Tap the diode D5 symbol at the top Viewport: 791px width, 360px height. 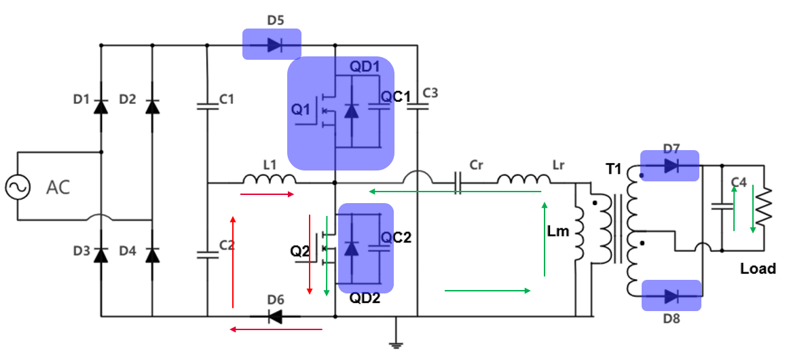pyautogui.click(x=274, y=46)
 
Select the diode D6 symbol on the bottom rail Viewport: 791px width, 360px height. pyautogui.click(x=274, y=317)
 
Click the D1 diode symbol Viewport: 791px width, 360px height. pyautogui.click(x=101, y=106)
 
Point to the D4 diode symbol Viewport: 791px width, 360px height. pyautogui.click(x=153, y=255)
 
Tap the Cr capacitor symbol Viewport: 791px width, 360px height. pyautogui.click(x=458, y=183)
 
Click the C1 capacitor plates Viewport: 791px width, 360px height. pyautogui.click(x=206, y=105)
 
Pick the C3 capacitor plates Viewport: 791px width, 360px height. pyautogui.click(x=417, y=105)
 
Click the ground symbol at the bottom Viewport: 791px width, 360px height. pyautogui.click(x=395, y=343)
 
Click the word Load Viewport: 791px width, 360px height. pyautogui.click(x=758, y=269)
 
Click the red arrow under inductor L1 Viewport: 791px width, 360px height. pyautogui.click(x=268, y=195)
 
